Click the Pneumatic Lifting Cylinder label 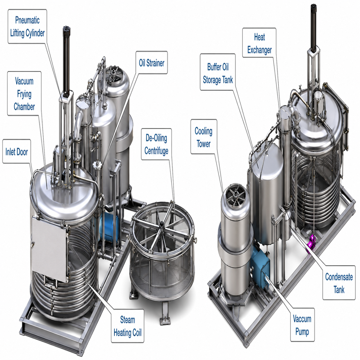(x=27, y=26)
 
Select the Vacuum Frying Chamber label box (x=24, y=94)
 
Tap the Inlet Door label (x=17, y=152)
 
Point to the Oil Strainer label (x=152, y=63)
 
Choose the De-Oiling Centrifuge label (x=156, y=144)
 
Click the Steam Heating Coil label (x=128, y=326)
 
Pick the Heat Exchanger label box (x=259, y=43)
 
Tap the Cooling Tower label (x=203, y=137)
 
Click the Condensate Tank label (x=339, y=283)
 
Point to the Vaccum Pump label (x=302, y=325)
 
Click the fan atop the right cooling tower (x=235, y=195)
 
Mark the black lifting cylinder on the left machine (x=66, y=61)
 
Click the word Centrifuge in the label (x=156, y=150)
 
